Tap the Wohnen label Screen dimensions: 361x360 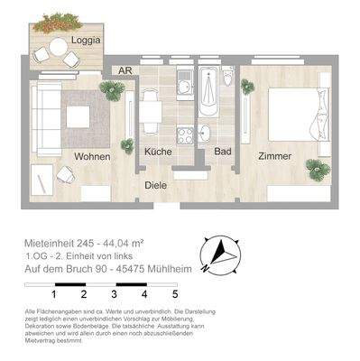tap(92, 156)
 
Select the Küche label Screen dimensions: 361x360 tap(159, 151)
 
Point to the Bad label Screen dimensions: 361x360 tap(223, 151)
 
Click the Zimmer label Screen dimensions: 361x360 tap(274, 156)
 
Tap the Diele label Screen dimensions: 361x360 tap(156, 185)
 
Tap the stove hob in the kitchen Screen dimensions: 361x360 tap(186, 135)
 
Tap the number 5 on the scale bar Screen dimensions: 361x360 tap(174, 294)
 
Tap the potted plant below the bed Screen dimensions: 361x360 tap(316, 169)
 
